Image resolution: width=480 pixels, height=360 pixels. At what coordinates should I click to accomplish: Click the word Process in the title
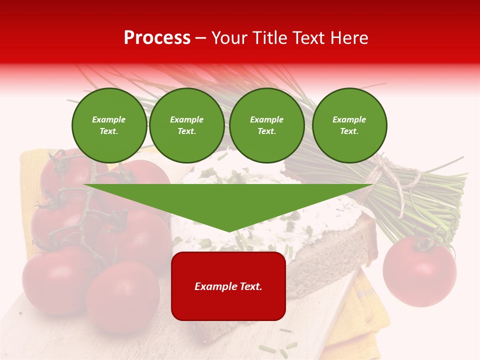157,38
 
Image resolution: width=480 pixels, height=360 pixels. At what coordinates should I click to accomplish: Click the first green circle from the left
109,125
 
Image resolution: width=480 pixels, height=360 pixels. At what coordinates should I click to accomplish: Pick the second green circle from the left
186,125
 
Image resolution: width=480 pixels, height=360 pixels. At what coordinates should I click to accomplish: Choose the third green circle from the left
266,125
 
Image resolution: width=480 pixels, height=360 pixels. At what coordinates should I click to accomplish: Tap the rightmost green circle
349,125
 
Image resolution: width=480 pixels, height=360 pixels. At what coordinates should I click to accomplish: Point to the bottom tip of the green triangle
229,231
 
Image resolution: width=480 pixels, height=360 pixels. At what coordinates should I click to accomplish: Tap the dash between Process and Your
200,38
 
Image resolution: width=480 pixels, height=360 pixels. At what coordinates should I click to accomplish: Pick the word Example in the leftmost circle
108,119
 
